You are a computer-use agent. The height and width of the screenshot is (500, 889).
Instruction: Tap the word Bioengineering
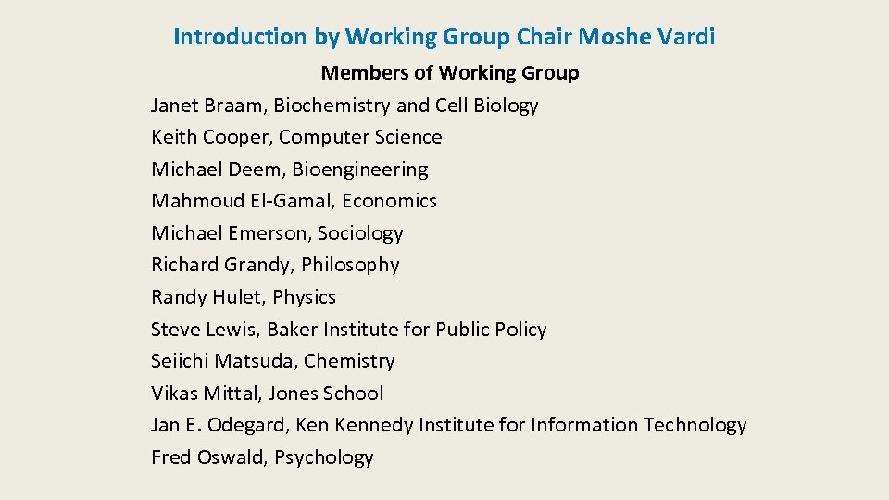tap(360, 169)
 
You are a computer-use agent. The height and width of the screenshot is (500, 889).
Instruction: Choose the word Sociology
tap(360, 233)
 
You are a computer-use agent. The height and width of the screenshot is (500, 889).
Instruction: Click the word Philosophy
tap(350, 266)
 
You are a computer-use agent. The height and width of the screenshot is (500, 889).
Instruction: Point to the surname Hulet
tap(239, 297)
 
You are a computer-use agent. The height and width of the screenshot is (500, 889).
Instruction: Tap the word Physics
tap(305, 297)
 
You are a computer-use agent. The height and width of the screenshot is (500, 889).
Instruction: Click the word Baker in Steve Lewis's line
tap(294, 330)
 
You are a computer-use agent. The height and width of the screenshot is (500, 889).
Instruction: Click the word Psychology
tap(324, 457)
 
